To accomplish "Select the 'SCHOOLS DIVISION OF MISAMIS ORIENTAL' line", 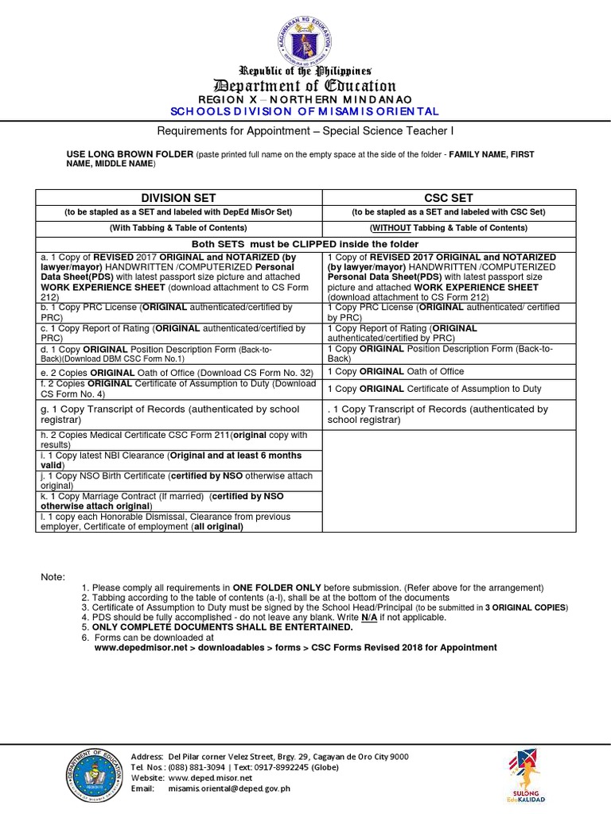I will coord(305,110).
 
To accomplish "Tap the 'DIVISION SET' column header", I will coord(178,198).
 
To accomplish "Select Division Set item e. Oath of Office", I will coord(178,372).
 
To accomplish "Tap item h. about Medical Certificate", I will coord(178,440).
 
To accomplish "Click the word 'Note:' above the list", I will coord(53,576).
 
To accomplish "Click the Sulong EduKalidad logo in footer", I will coord(524,774).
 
